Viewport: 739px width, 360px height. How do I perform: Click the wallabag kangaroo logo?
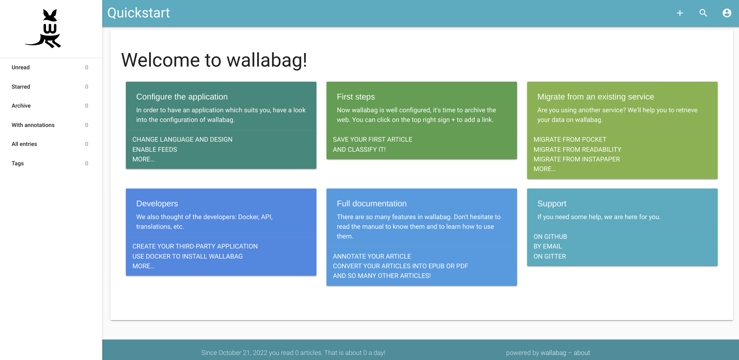(x=43, y=29)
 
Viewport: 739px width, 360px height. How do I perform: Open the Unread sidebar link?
(x=21, y=67)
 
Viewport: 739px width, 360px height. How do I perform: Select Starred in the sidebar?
(x=21, y=87)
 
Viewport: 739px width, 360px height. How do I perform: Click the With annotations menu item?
(x=33, y=125)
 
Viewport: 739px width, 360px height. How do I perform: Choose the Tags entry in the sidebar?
(x=18, y=163)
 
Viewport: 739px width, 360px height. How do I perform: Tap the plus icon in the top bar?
(x=680, y=13)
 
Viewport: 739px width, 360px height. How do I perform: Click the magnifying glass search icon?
(x=703, y=13)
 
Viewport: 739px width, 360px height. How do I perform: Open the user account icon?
(x=727, y=13)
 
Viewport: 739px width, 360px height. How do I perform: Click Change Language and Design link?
(x=182, y=139)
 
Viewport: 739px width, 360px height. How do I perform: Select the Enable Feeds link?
(x=155, y=149)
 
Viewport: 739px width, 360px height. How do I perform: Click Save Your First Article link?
(x=373, y=139)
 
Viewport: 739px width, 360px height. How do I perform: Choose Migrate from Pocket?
(x=570, y=139)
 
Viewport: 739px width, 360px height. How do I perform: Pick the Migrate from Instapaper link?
(x=577, y=159)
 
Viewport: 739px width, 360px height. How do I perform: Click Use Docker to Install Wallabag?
(x=187, y=256)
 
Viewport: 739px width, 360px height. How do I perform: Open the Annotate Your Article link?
(x=372, y=256)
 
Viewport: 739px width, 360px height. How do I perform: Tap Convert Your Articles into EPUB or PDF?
(x=400, y=266)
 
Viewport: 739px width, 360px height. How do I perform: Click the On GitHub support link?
(x=550, y=237)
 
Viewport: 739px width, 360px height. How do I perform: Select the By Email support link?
(x=548, y=246)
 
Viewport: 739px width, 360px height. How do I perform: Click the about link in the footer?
(x=582, y=353)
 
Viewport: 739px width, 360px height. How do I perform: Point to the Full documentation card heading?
(x=372, y=204)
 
